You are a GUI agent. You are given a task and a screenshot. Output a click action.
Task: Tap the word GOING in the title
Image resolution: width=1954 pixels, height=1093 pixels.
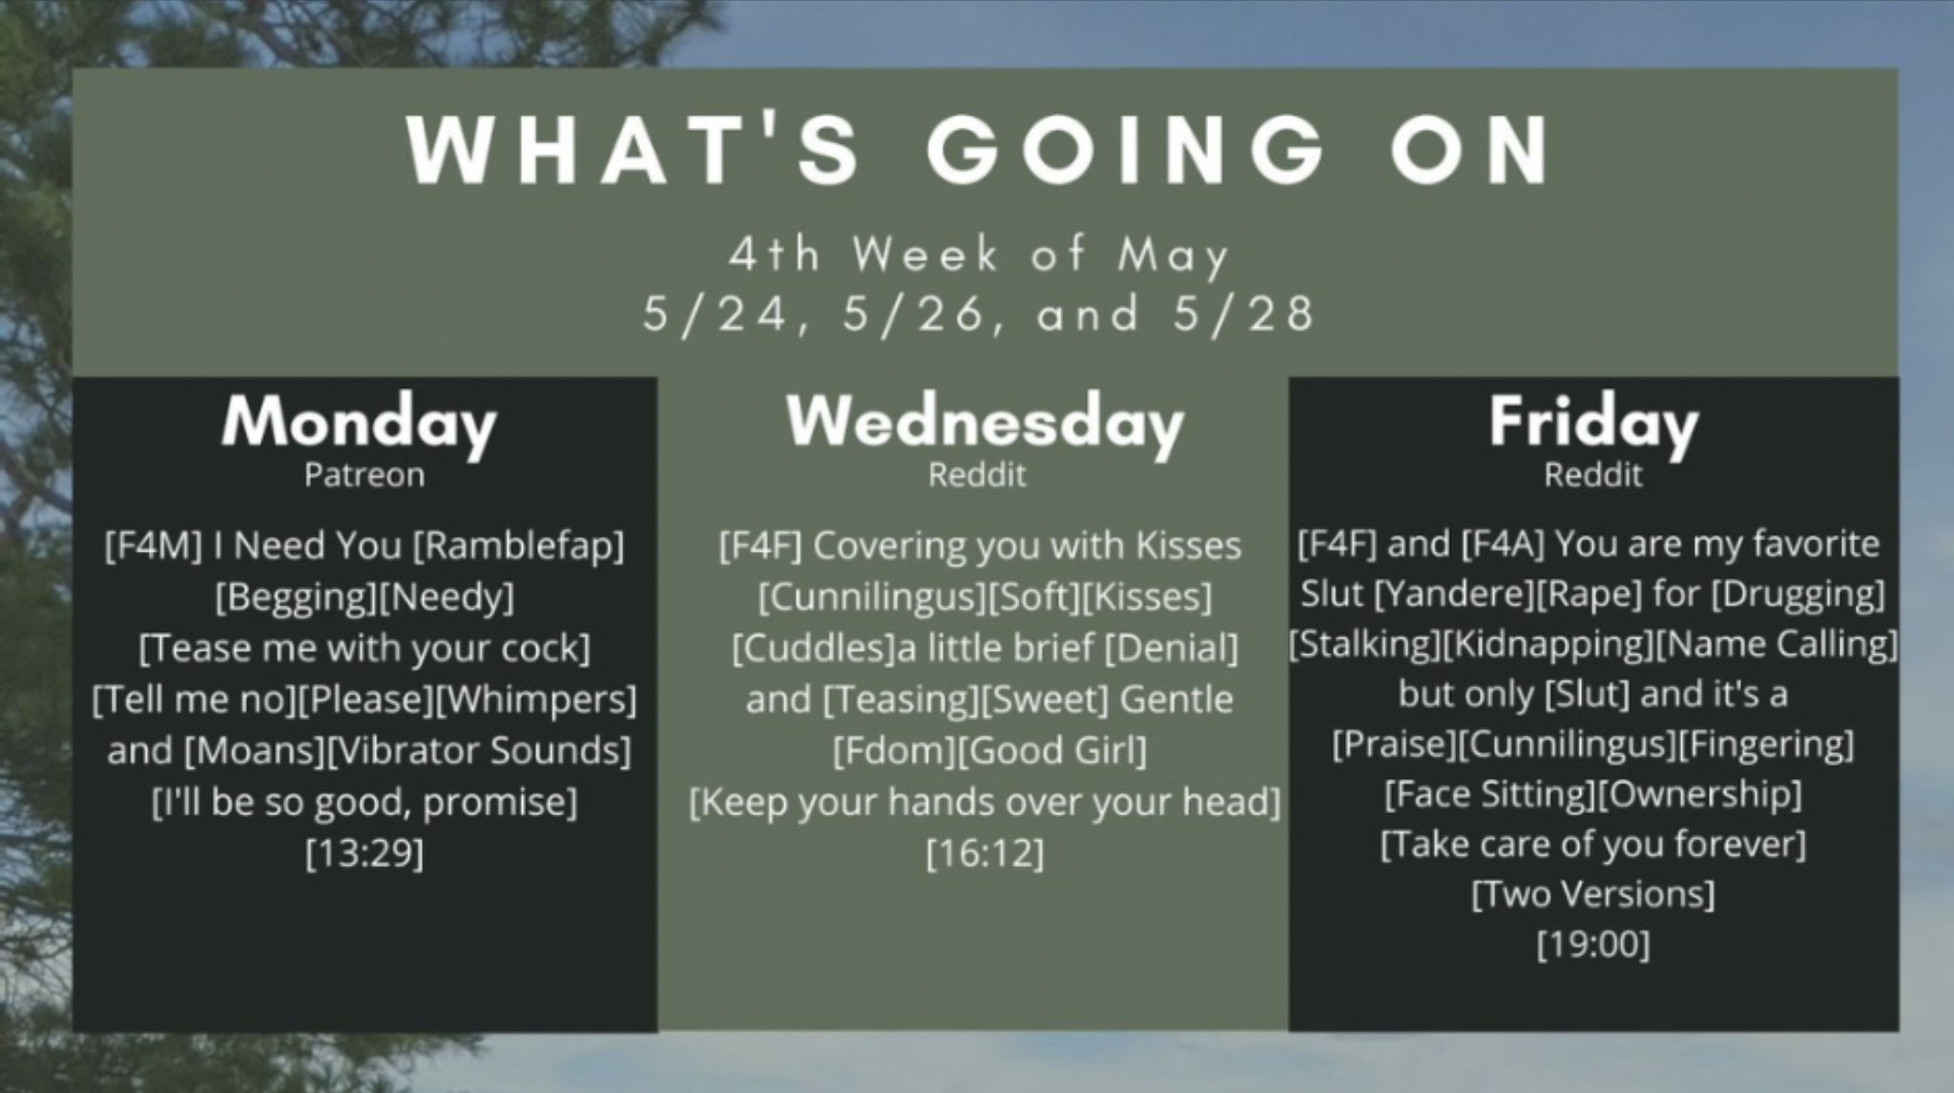(x=1125, y=150)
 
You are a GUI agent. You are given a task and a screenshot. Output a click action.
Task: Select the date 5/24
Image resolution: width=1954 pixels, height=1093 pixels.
(x=716, y=314)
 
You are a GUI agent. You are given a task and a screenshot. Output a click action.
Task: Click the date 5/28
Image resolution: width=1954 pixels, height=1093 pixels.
(x=1243, y=314)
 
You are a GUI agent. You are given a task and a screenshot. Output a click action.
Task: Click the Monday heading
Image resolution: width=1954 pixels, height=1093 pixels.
(x=360, y=422)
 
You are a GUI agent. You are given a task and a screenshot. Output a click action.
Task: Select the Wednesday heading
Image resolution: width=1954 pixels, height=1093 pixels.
(x=985, y=422)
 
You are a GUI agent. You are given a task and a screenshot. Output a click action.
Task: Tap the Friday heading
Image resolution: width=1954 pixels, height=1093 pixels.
(x=1593, y=422)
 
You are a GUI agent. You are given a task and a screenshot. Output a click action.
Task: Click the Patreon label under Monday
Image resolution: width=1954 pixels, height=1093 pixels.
(x=364, y=474)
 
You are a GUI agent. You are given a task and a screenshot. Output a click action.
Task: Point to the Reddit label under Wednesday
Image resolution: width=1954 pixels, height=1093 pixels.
(x=977, y=474)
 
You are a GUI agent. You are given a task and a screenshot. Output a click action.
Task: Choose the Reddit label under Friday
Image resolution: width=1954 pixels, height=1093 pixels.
(x=1593, y=474)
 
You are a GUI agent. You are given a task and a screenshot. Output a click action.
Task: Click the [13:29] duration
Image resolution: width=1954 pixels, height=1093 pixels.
(x=364, y=852)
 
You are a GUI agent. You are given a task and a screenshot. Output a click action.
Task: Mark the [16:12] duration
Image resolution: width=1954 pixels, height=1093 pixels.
(x=985, y=852)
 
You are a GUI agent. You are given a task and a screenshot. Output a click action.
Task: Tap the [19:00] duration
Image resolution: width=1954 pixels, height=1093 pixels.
(x=1593, y=944)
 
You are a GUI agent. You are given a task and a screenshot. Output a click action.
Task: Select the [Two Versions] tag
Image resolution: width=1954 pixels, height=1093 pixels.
(x=1593, y=894)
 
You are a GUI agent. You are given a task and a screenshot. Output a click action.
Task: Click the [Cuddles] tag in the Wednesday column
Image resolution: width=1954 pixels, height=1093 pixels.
(x=814, y=648)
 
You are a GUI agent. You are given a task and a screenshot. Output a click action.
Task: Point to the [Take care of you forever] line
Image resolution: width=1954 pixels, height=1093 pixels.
(x=1593, y=844)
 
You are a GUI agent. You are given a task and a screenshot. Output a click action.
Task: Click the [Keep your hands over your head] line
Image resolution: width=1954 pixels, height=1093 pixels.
(x=985, y=802)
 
